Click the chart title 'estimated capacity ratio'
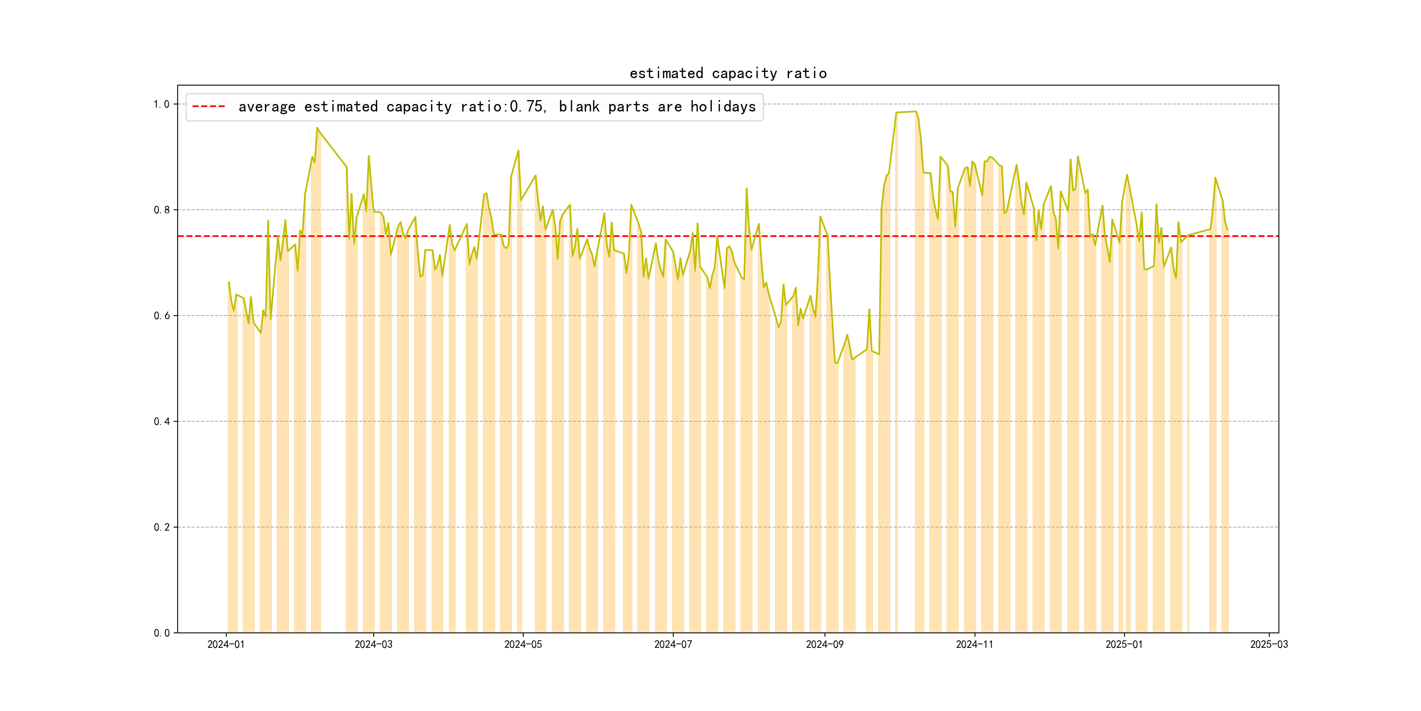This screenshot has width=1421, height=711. (728, 73)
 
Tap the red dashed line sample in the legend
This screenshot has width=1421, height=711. (208, 107)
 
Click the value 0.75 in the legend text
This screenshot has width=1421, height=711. (527, 107)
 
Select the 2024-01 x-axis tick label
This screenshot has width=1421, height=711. (225, 644)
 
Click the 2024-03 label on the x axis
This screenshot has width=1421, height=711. (374, 644)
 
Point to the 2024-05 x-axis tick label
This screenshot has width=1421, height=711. (523, 644)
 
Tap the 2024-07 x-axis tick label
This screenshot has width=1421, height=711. (673, 644)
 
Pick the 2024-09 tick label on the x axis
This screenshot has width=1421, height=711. (825, 644)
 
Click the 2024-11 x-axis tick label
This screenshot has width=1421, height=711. (974, 644)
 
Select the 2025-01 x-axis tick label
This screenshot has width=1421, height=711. (1124, 644)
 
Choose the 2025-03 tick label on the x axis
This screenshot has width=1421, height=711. (1269, 644)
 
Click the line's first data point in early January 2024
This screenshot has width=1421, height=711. (229, 283)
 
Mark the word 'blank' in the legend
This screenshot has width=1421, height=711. (578, 107)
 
